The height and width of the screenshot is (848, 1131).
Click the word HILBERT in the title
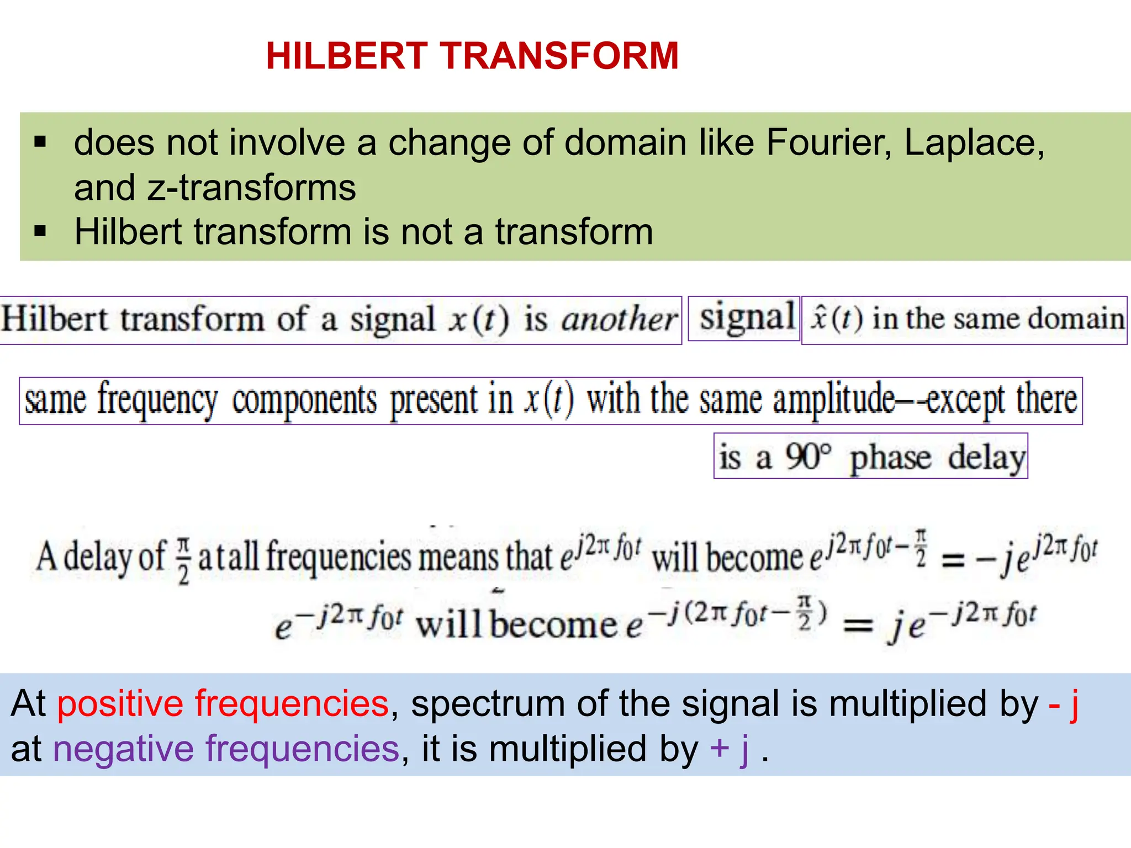click(x=347, y=56)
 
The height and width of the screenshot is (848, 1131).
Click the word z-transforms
click(x=251, y=188)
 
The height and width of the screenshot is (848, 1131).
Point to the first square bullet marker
click(x=40, y=142)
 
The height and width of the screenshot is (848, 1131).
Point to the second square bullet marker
click(x=40, y=231)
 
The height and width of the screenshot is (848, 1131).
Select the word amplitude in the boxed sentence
click(x=834, y=400)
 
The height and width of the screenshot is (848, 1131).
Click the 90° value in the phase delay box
click(x=808, y=457)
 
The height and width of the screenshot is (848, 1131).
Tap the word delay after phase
click(x=986, y=458)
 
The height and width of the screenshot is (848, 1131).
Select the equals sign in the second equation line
click(x=858, y=626)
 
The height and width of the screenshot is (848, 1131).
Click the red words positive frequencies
click(x=223, y=704)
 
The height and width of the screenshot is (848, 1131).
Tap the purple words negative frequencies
click(x=226, y=749)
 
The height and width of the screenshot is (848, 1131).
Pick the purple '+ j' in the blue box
click(x=730, y=750)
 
